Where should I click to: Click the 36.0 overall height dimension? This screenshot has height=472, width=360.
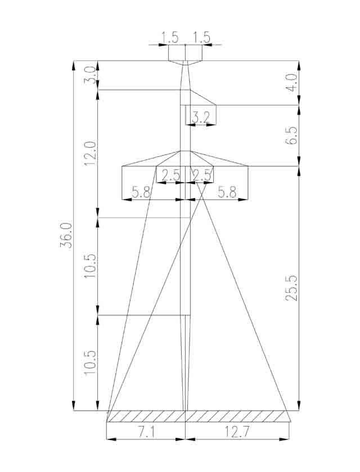pos(66,235)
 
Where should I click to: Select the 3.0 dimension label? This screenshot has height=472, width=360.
pos(91,75)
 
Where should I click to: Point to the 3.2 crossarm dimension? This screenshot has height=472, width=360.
pos(201,117)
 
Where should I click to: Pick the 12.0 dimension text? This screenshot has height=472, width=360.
pos(91,153)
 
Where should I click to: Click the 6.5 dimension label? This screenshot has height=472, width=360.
pos(291,135)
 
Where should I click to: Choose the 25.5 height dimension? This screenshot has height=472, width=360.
pos(291,288)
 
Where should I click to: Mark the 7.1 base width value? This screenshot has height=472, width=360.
pos(146,433)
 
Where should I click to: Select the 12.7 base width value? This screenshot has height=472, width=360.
pos(237,433)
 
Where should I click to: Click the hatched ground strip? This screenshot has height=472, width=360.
pos(199,416)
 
